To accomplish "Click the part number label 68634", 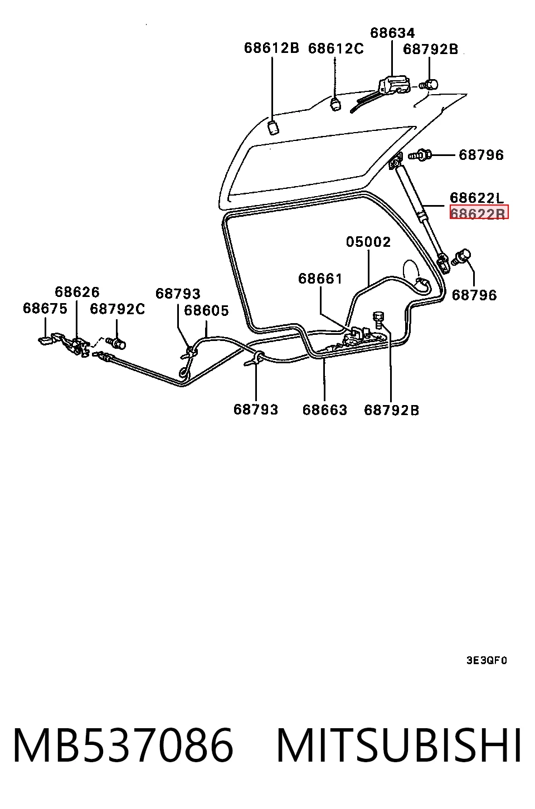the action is tap(392, 33).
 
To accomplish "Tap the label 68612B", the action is tap(271, 48).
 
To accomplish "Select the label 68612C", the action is tap(335, 48).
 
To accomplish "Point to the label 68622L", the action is tap(476, 198).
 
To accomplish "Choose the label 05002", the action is tap(368, 242).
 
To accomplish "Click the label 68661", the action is tap(320, 279).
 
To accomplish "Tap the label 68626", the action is tap(77, 291).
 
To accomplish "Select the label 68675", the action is tap(45, 308).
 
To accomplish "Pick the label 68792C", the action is tap(118, 309).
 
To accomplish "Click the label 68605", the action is tap(207, 310).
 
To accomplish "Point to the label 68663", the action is tap(325, 410).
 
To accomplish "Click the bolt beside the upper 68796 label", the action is tap(420, 155).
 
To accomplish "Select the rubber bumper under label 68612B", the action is tap(274, 127).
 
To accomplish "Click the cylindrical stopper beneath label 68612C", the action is tap(336, 104).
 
